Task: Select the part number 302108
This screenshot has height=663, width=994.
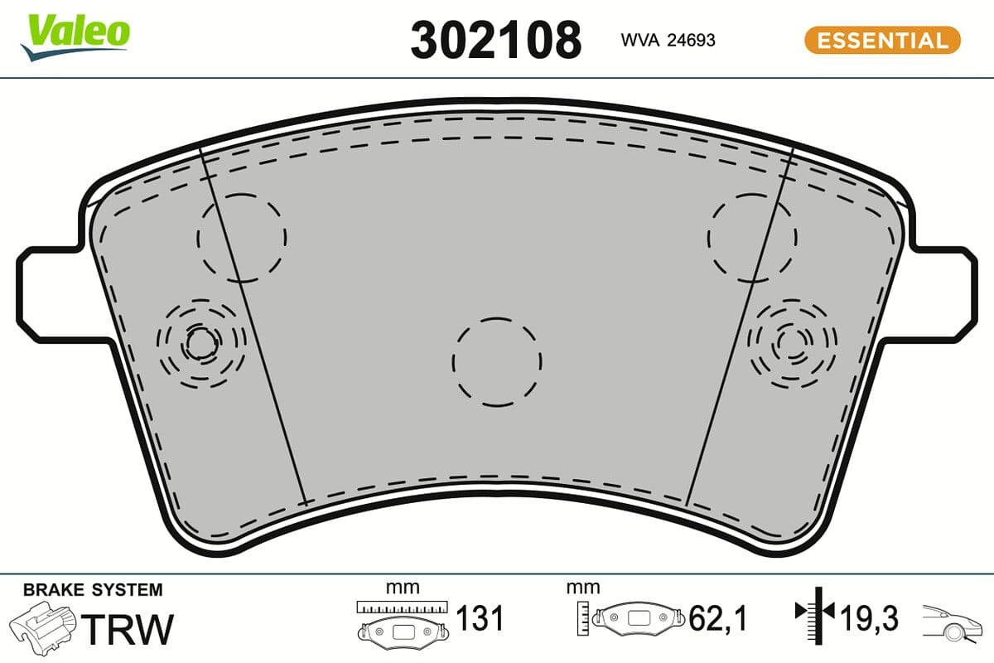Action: click(x=495, y=40)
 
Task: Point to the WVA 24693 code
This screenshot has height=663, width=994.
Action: click(x=668, y=40)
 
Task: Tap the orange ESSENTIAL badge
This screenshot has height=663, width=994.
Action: click(x=882, y=40)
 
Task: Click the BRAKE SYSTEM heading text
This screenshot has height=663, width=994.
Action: click(x=93, y=590)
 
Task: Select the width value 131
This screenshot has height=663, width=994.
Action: click(x=481, y=618)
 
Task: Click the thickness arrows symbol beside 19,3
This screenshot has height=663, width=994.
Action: click(x=817, y=613)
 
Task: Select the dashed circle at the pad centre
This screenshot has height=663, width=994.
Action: click(x=497, y=361)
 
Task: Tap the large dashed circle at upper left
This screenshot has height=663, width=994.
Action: click(x=242, y=237)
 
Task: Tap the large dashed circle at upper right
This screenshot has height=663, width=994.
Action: click(x=752, y=237)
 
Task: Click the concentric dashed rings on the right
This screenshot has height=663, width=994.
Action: click(x=792, y=341)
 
